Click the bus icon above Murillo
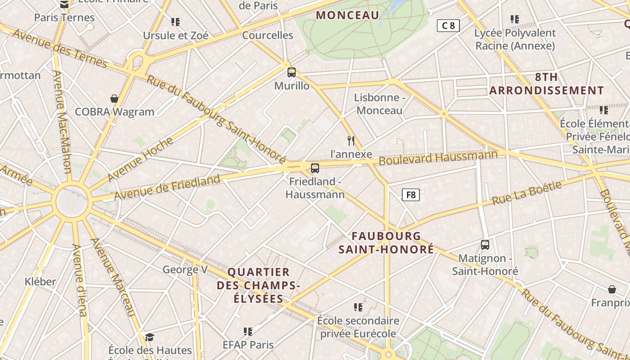coord(292,72)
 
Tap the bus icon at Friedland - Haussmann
coord(315,168)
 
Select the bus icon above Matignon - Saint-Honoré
coord(485,245)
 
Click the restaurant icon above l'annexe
coord(351,141)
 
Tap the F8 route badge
coord(410,195)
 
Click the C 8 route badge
coord(448,26)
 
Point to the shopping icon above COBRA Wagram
coord(114,98)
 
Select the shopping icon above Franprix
coord(612,289)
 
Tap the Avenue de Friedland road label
coord(167,187)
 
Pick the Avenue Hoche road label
coord(140,159)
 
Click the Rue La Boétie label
coord(526,193)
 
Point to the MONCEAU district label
coord(347,15)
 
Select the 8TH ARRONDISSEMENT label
coord(546,84)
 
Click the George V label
coord(185,270)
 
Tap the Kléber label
coord(40,282)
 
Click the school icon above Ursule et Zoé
coord(175,22)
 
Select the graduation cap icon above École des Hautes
coord(149,337)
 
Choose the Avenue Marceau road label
coord(113,276)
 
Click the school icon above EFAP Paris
coord(248,332)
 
